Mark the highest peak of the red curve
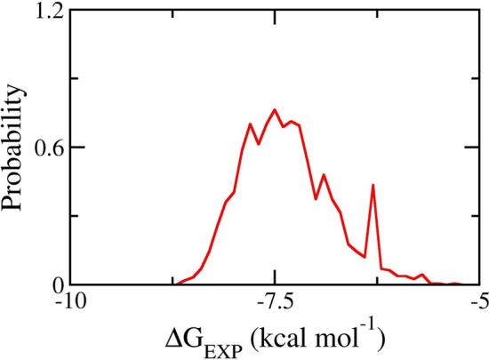pyautogui.click(x=275, y=110)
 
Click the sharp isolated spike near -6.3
pyautogui.click(x=373, y=185)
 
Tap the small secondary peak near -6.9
pyautogui.click(x=324, y=175)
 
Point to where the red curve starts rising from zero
pyautogui.click(x=175, y=284)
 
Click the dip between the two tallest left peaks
pyautogui.click(x=258, y=143)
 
